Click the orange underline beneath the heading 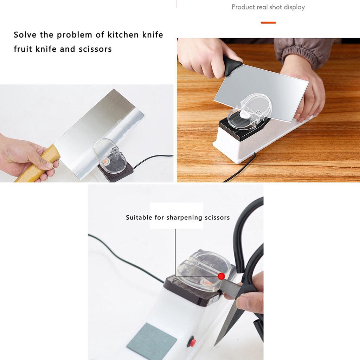pos(268,22)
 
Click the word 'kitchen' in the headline pos(123,35)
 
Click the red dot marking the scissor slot pos(221,276)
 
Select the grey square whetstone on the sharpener pos(152,341)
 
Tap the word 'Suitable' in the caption pos(139,217)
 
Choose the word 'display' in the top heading pos(294,7)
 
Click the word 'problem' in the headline pos(75,35)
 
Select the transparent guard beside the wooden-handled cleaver pos(110,156)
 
